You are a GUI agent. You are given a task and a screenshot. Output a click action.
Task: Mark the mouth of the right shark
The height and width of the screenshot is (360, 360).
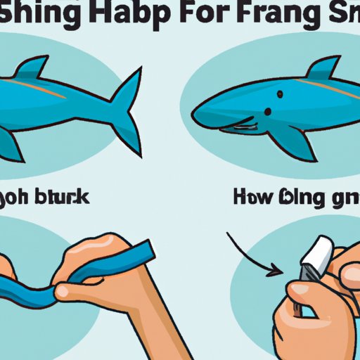click(239, 127)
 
